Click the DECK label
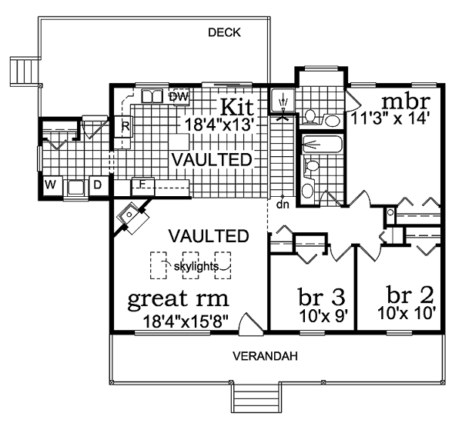click(x=225, y=32)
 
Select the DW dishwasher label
click(x=179, y=97)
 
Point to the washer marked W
click(x=50, y=185)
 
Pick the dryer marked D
click(x=98, y=185)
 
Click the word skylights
click(x=192, y=266)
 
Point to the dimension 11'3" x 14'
click(x=395, y=119)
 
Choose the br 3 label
click(x=320, y=296)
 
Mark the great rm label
click(x=179, y=298)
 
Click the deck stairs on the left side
click(x=22, y=72)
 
